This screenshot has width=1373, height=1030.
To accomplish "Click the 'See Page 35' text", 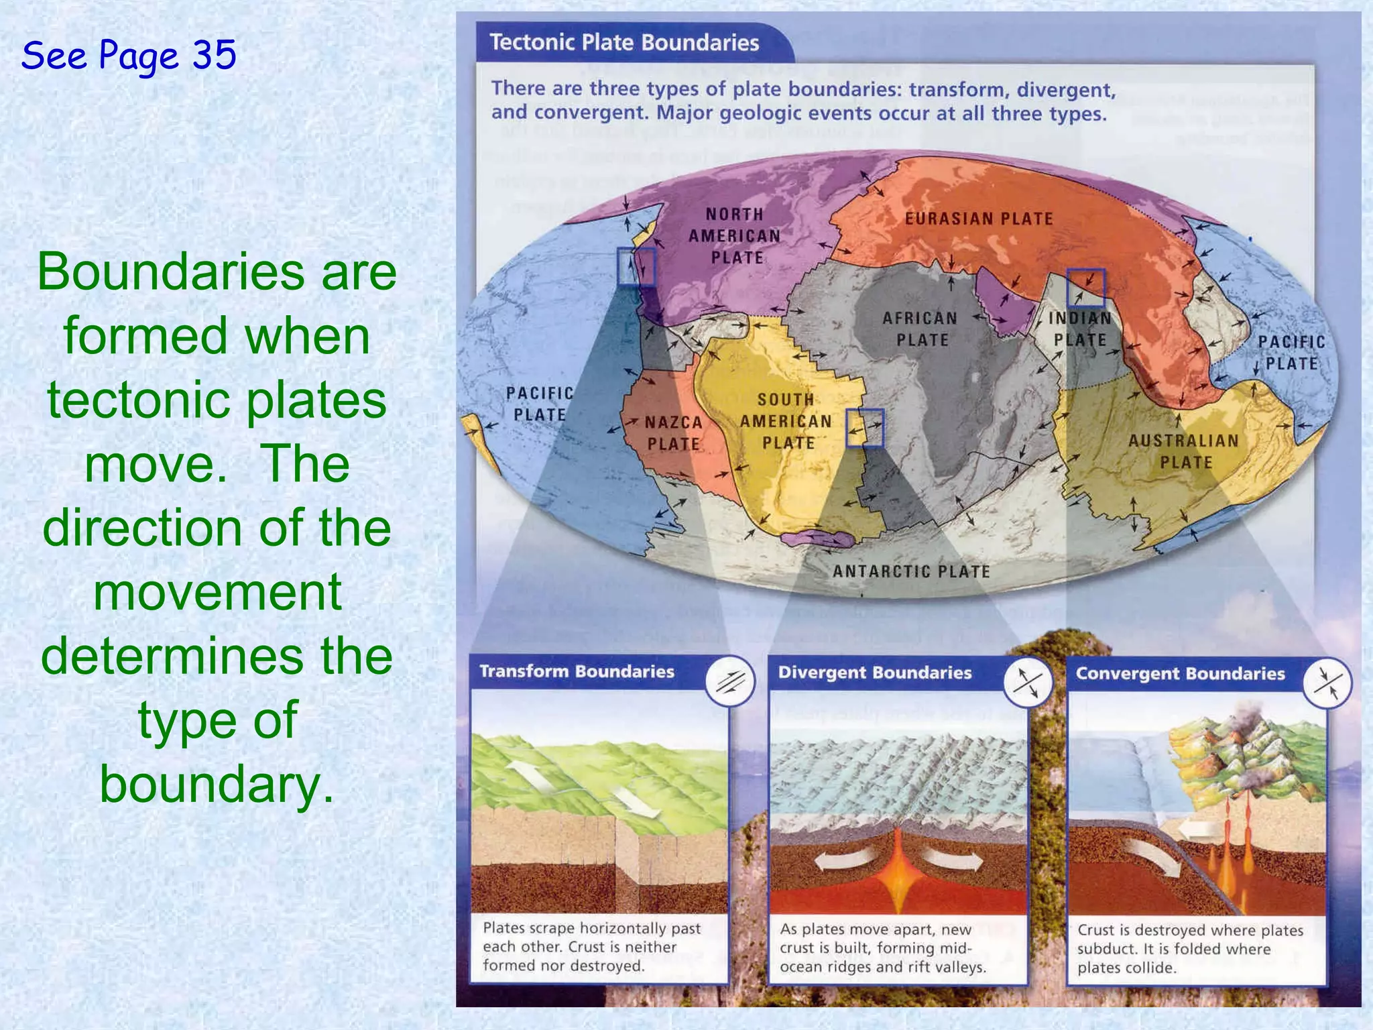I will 129,55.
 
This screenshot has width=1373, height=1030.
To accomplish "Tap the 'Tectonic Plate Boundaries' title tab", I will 623,42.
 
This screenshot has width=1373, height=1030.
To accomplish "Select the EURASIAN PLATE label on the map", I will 979,219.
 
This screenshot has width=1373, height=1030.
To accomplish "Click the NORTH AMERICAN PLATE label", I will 735,235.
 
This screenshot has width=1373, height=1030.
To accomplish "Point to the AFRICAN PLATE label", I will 920,329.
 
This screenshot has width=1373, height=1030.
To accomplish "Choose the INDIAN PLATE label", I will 1079,329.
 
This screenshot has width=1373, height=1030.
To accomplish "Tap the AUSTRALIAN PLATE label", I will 1183,451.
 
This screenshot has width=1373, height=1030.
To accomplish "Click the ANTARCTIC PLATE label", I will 911,571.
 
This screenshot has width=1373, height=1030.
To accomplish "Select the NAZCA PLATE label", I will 673,433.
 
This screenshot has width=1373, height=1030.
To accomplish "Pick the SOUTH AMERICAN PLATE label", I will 786,421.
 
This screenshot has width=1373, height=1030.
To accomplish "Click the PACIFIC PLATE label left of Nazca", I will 540,404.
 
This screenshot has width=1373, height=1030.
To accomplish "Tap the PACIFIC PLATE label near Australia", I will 1291,353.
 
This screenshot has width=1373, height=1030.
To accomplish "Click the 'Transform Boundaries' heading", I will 577,671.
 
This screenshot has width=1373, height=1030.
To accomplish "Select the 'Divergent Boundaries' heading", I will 874,673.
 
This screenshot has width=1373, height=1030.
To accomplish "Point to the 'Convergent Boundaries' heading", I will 1180,673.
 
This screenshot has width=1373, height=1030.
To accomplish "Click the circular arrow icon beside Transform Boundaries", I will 730,681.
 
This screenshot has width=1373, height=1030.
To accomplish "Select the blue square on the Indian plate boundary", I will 1085,288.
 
